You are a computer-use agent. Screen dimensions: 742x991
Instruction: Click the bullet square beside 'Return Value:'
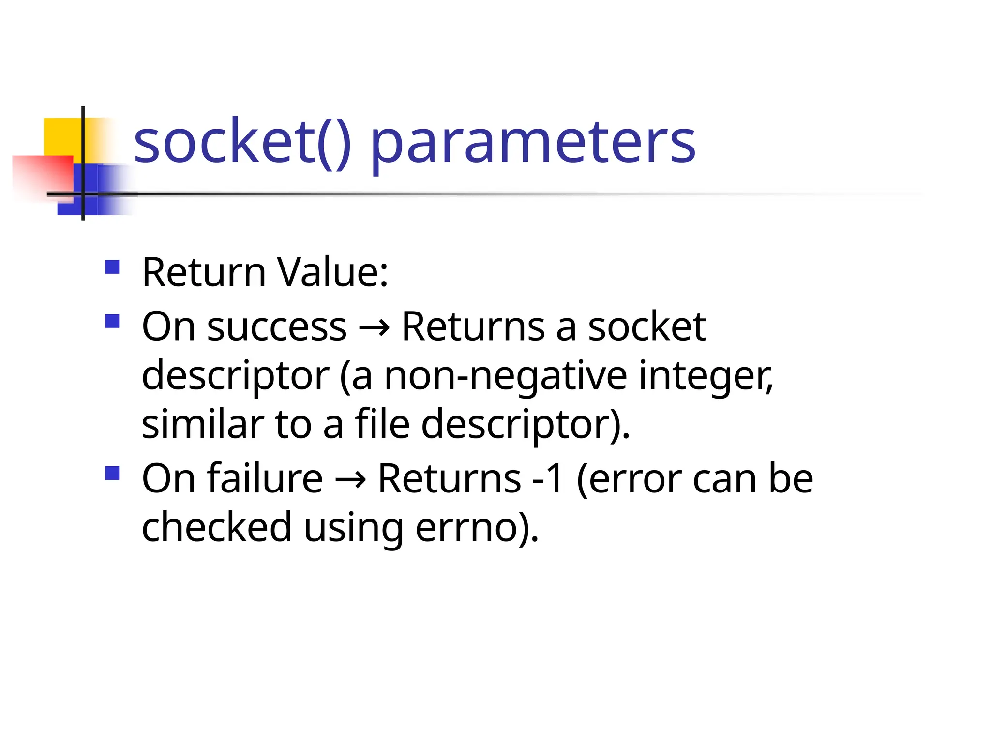[112, 267]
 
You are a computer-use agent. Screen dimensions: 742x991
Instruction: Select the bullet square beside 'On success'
[112, 321]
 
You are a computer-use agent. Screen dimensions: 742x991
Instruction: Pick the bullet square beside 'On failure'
[112, 473]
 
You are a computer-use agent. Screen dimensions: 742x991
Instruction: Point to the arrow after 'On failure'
[350, 480]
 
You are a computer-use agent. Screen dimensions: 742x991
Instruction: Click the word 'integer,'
[706, 377]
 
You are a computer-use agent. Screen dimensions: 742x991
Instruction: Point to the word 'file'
[382, 424]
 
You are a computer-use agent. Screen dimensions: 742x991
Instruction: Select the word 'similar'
[203, 424]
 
